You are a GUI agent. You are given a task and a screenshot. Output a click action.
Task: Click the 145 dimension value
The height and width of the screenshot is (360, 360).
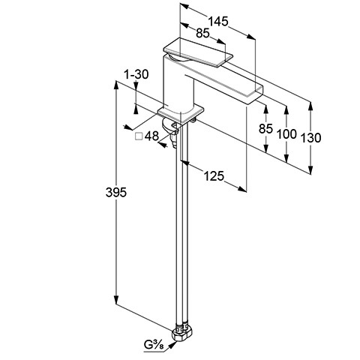(218, 21)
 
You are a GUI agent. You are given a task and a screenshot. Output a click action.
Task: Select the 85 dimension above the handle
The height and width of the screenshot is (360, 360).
(202, 33)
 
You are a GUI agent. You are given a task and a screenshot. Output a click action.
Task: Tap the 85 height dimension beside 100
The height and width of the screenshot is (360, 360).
(265, 129)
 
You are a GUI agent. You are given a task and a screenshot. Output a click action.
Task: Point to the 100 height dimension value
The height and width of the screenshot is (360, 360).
(286, 134)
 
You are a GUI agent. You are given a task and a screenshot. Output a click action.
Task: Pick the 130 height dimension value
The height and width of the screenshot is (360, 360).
(310, 138)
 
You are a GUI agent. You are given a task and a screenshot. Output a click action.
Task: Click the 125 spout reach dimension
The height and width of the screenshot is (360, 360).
(214, 176)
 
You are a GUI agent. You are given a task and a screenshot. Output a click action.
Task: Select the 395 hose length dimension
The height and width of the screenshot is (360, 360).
(116, 192)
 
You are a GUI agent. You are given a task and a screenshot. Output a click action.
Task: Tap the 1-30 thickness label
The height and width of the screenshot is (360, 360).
(136, 74)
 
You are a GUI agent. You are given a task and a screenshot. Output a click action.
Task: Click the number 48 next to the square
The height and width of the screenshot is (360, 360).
(151, 136)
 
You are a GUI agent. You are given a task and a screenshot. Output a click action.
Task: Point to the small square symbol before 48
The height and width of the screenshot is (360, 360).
(139, 136)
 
